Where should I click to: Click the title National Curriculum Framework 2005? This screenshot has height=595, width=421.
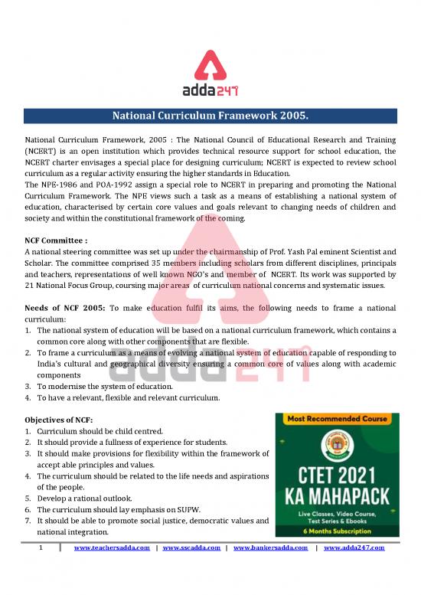(x=210, y=116)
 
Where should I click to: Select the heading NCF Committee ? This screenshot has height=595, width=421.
(x=56, y=240)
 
